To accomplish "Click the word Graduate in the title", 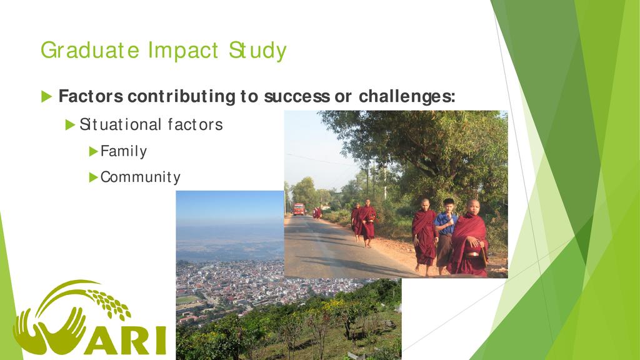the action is click(90, 51).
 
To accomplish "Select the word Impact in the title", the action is click(183, 51).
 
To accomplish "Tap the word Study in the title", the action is click(257, 51).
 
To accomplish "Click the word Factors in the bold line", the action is click(91, 96).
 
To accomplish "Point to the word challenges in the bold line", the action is click(407, 96).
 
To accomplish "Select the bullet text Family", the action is click(123, 151).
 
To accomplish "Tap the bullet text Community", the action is click(140, 177).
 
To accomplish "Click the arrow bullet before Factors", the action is click(46, 97).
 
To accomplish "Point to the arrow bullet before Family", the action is click(94, 152).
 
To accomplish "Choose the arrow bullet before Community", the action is click(94, 177).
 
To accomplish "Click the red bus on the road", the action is click(299, 209).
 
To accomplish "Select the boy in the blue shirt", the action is click(446, 236).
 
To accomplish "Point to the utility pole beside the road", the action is click(384, 182).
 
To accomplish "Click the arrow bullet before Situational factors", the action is click(70, 125).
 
